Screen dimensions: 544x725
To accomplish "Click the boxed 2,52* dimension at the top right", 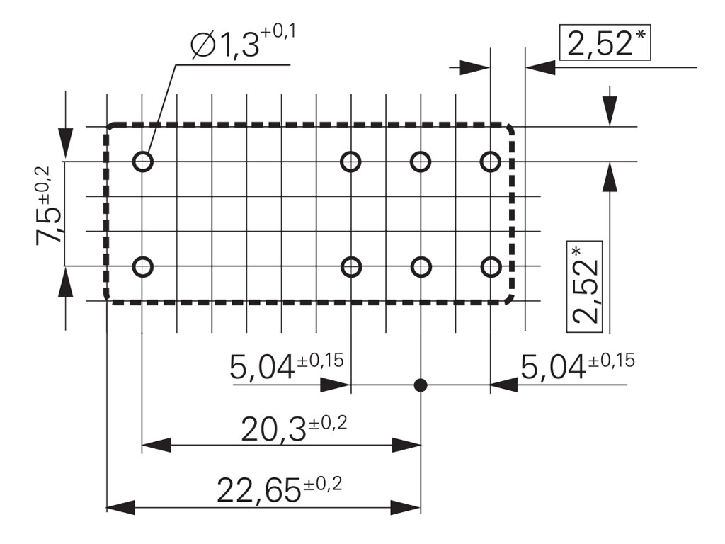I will (x=604, y=45).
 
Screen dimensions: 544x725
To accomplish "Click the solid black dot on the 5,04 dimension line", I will (x=421, y=385).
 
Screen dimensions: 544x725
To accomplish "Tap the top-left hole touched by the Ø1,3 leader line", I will (x=143, y=161).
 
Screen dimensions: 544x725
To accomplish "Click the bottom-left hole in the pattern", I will (x=143, y=267).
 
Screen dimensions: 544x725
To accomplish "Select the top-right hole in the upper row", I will (x=490, y=161).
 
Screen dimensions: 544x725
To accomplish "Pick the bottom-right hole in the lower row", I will (x=490, y=267).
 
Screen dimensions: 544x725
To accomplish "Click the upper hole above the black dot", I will (x=421, y=161).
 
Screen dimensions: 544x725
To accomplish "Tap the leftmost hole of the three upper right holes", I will (x=351, y=161).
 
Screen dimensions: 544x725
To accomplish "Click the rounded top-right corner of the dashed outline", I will (x=510, y=130).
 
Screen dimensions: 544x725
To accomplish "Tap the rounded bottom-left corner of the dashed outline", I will (x=110, y=297).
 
